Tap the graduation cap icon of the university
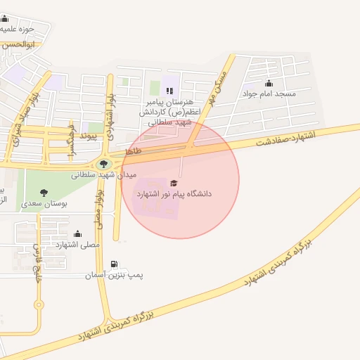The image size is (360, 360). [x=174, y=183]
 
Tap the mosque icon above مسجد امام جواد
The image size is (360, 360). [x=269, y=84]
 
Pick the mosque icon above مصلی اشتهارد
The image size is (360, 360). [x=77, y=234]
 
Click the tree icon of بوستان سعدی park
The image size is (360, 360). [x=44, y=192]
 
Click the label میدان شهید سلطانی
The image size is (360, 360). [x=104, y=175]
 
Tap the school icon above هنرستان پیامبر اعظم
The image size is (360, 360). [x=168, y=91]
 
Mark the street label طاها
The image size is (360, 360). [x=133, y=151]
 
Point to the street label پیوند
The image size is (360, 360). [x=87, y=134]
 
